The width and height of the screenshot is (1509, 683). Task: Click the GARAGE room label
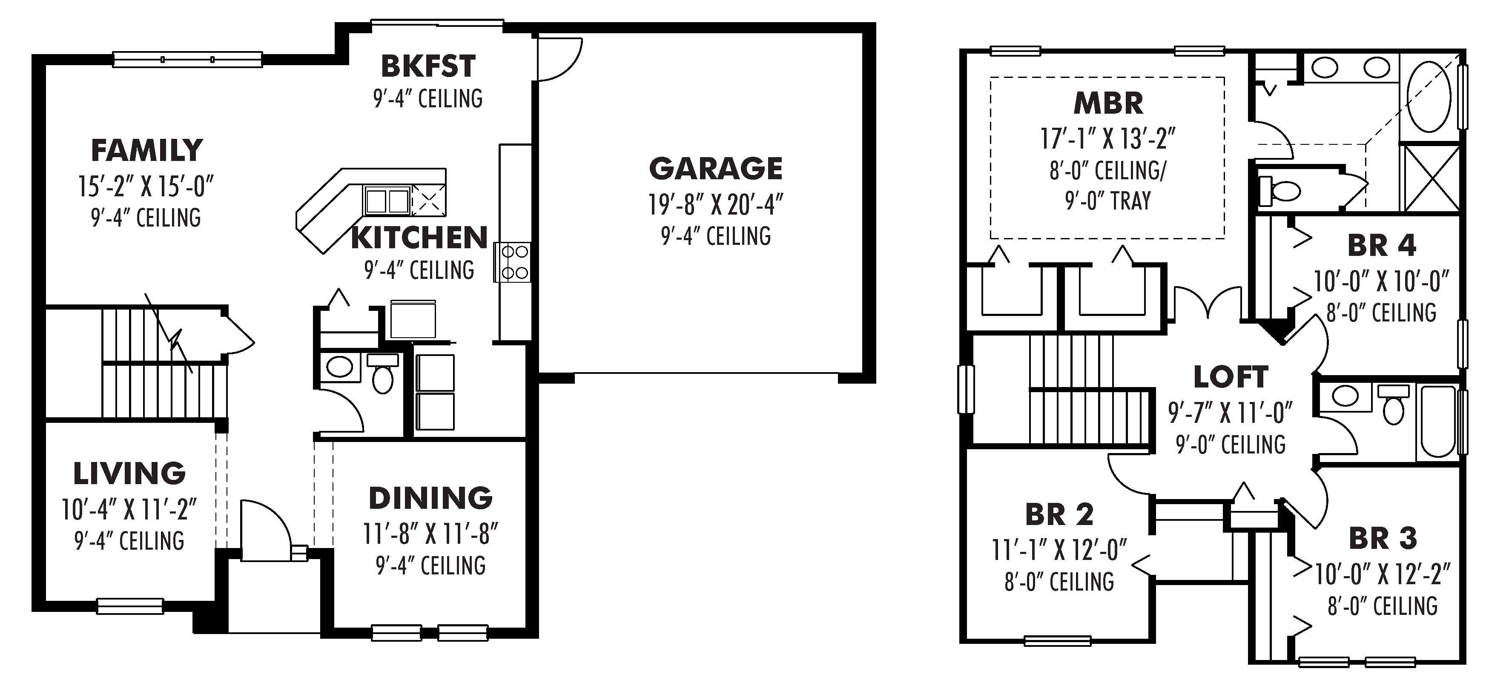[715, 169]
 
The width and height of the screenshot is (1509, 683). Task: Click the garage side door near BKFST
[559, 59]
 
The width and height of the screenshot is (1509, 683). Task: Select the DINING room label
[430, 498]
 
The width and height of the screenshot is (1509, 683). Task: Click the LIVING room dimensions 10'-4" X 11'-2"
[129, 510]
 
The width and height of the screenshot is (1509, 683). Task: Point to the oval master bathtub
[1429, 97]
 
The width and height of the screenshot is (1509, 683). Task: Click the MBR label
[1108, 103]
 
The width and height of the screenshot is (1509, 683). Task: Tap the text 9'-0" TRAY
[1108, 201]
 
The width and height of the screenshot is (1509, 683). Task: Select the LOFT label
[1231, 377]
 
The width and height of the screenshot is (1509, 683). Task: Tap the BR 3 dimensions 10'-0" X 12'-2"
[1383, 575]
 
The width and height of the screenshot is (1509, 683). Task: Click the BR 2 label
[1059, 514]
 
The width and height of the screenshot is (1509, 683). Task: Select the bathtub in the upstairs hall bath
[1438, 422]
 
